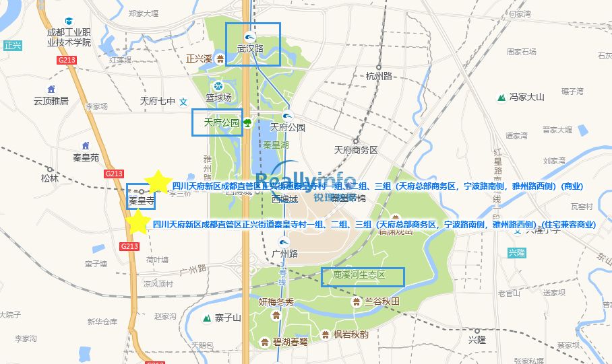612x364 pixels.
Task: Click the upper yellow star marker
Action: [x=158, y=181]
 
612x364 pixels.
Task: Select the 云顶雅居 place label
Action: [x=51, y=101]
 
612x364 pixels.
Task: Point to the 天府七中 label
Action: [x=157, y=101]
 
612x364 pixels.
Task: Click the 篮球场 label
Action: [x=218, y=98]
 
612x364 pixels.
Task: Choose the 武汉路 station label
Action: [x=250, y=48]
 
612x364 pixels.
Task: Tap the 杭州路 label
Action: [x=379, y=76]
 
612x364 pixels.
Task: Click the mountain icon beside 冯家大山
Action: [x=501, y=98]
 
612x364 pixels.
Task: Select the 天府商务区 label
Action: [x=356, y=149]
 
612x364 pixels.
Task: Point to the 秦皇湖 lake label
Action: [x=276, y=144]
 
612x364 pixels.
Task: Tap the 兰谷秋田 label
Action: [x=382, y=301]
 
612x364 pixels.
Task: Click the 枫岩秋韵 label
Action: [x=351, y=334]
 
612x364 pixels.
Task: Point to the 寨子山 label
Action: [x=228, y=318]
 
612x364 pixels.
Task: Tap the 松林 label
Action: [x=49, y=178]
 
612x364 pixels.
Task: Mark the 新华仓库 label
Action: [x=102, y=322]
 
